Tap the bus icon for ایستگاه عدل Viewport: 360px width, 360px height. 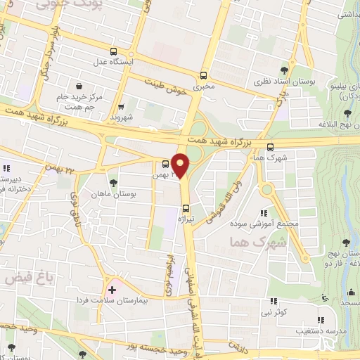click(114, 51)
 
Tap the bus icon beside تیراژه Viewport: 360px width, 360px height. click(186, 208)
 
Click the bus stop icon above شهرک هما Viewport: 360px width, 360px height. click(271, 147)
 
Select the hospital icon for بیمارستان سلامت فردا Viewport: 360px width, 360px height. click(111, 289)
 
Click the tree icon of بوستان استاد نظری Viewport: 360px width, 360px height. click(284, 70)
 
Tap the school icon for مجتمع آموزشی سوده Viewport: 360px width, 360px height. click(264, 213)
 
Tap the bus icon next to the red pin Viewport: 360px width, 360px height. click(166, 164)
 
